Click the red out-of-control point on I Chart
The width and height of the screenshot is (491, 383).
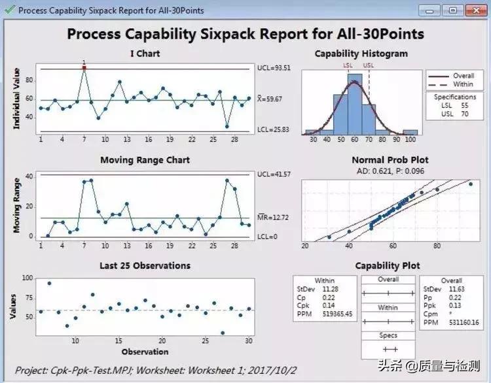click(x=84, y=68)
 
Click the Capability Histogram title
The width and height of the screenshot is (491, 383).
click(x=361, y=54)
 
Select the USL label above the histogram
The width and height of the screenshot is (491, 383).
click(x=369, y=65)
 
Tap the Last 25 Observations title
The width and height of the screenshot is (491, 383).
click(x=145, y=266)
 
